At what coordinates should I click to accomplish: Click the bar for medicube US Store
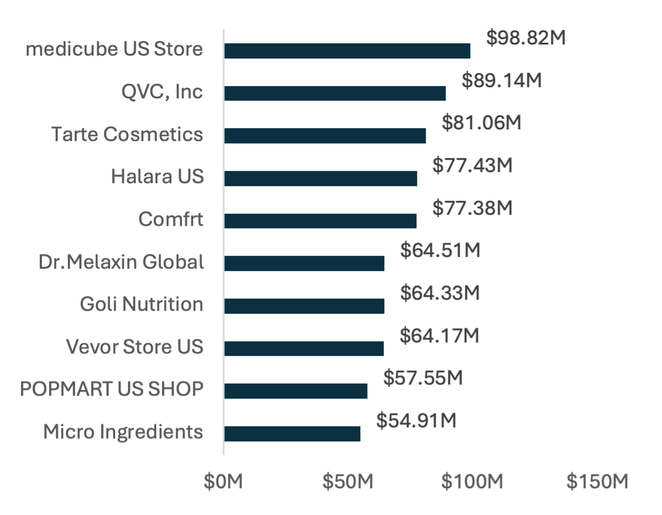click(x=347, y=51)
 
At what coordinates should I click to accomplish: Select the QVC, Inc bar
click(x=335, y=94)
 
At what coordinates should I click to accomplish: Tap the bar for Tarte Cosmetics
click(x=325, y=136)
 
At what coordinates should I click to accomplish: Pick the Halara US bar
click(x=320, y=178)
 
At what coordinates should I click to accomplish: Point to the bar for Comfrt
click(x=320, y=221)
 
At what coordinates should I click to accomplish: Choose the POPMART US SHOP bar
click(x=296, y=391)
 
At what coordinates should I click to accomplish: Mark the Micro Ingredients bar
click(x=292, y=434)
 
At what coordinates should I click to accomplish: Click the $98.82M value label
click(x=526, y=39)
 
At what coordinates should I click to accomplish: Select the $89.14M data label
click(x=502, y=81)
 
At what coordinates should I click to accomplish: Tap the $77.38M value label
click(x=473, y=208)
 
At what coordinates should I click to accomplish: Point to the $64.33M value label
click(x=440, y=293)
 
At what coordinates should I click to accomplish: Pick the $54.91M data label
click(x=416, y=421)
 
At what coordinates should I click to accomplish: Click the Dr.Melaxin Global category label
click(x=122, y=262)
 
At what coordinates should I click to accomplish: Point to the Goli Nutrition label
click(x=142, y=304)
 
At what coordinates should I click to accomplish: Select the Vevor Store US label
click(x=135, y=347)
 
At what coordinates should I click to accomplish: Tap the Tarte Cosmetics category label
click(x=127, y=135)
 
